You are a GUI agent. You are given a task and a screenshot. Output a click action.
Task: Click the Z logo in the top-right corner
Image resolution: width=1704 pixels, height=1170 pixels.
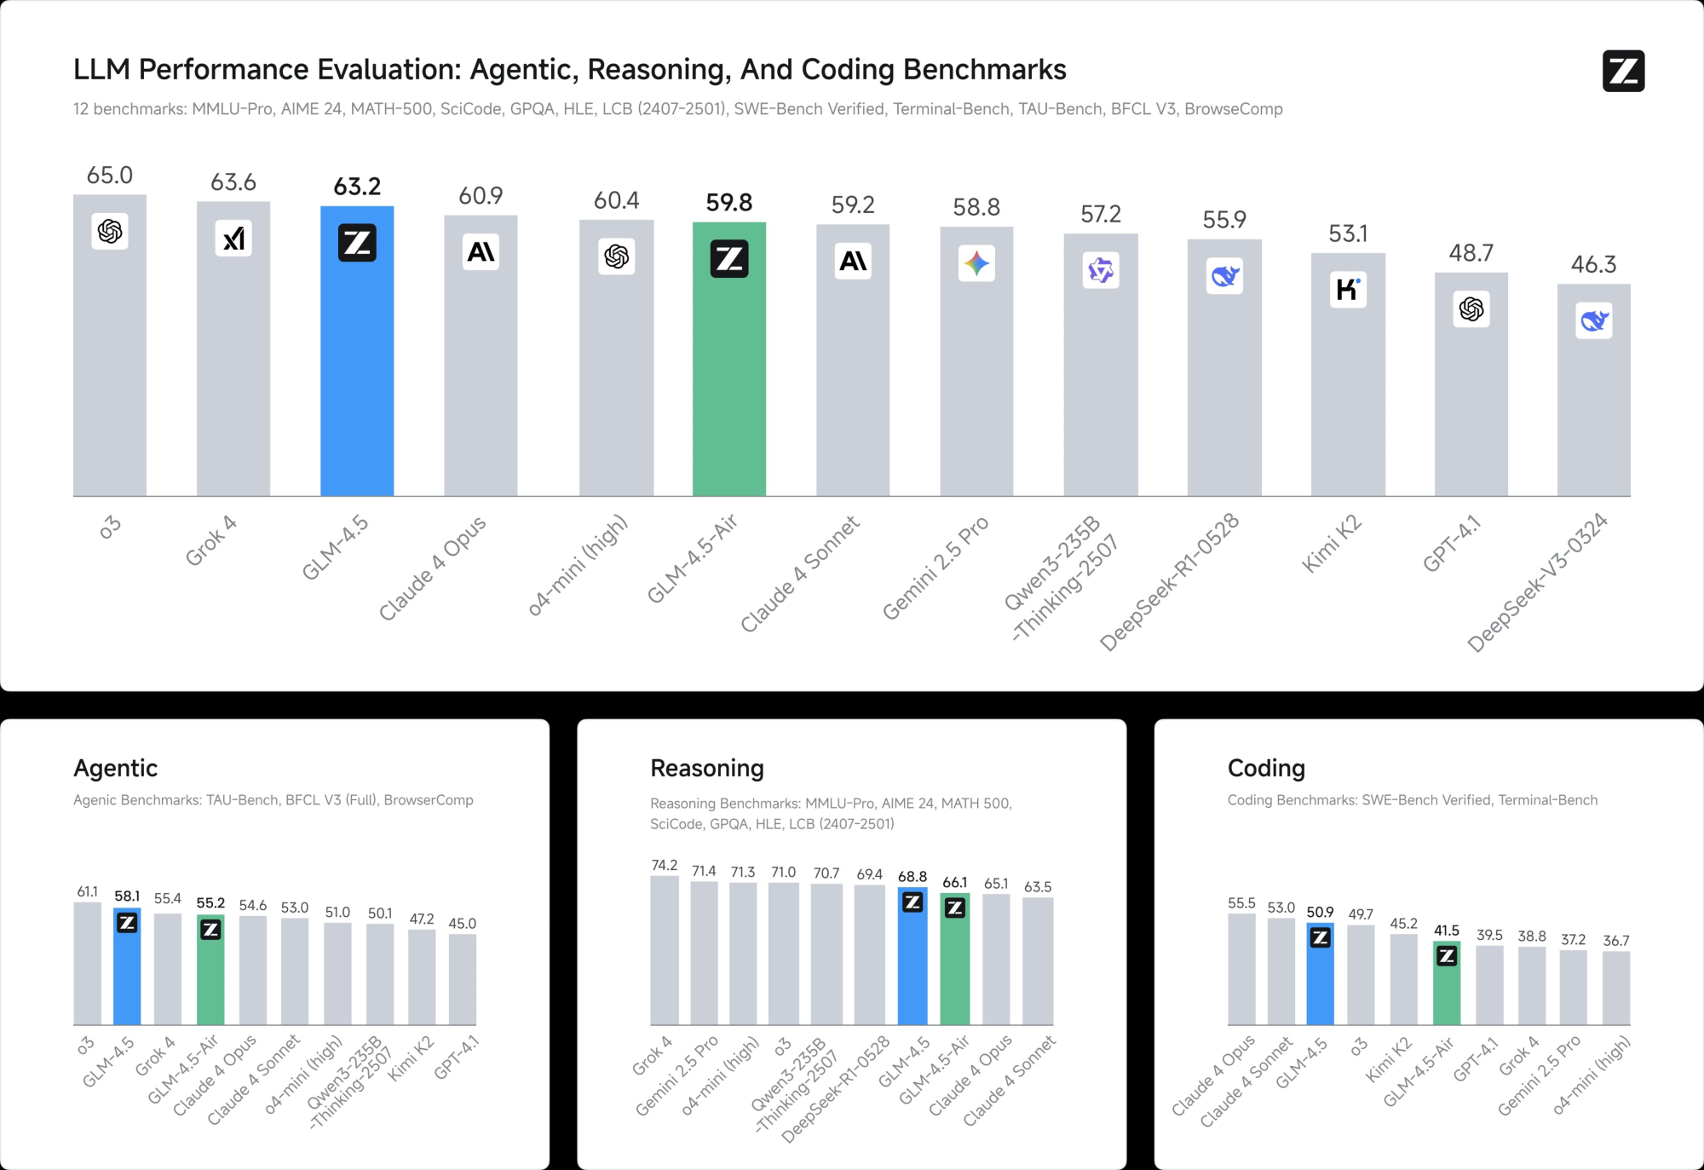point(1623,71)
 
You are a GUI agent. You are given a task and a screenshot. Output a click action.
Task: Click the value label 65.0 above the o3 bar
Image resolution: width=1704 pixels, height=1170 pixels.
point(110,176)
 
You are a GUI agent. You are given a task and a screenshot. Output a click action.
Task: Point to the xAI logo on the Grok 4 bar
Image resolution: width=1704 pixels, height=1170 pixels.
point(233,239)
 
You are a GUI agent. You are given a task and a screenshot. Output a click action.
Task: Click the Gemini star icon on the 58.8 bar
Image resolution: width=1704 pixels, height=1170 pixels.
point(976,263)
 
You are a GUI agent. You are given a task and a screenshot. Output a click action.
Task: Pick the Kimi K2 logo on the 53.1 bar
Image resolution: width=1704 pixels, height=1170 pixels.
point(1348,290)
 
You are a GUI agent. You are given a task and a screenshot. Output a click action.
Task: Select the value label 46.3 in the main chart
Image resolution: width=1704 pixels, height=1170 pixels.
point(1593,264)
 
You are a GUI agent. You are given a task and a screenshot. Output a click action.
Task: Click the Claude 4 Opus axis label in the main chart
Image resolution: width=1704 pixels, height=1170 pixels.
point(433,567)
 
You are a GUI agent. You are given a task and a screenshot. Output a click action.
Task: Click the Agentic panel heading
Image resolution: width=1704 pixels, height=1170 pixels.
point(116,769)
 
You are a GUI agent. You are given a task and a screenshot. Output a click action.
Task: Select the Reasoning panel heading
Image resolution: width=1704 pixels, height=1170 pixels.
point(707,769)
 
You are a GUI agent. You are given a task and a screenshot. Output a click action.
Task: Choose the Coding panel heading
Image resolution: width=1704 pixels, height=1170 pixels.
point(1266,769)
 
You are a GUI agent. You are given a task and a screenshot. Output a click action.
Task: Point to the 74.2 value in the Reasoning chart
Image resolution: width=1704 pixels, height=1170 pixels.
point(665,866)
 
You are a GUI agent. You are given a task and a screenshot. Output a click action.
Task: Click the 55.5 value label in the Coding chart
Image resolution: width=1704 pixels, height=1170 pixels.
point(1241,903)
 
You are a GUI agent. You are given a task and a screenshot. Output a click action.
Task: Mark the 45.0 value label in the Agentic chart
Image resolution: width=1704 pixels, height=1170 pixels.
point(463,924)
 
